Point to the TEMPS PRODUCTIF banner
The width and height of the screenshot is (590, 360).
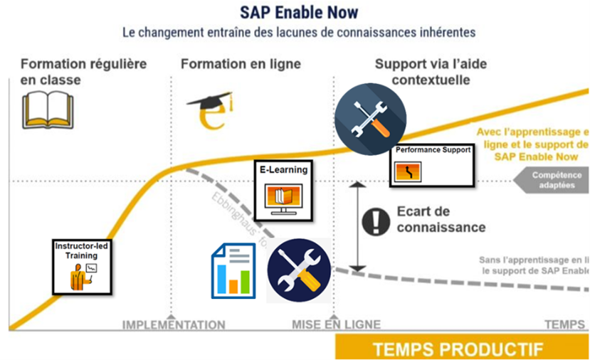(x=457, y=349)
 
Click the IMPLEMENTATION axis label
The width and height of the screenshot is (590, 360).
(x=174, y=325)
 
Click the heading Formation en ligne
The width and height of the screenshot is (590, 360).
(x=241, y=64)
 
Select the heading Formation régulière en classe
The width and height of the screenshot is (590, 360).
(x=84, y=71)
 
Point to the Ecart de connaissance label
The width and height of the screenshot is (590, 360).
(x=441, y=219)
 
